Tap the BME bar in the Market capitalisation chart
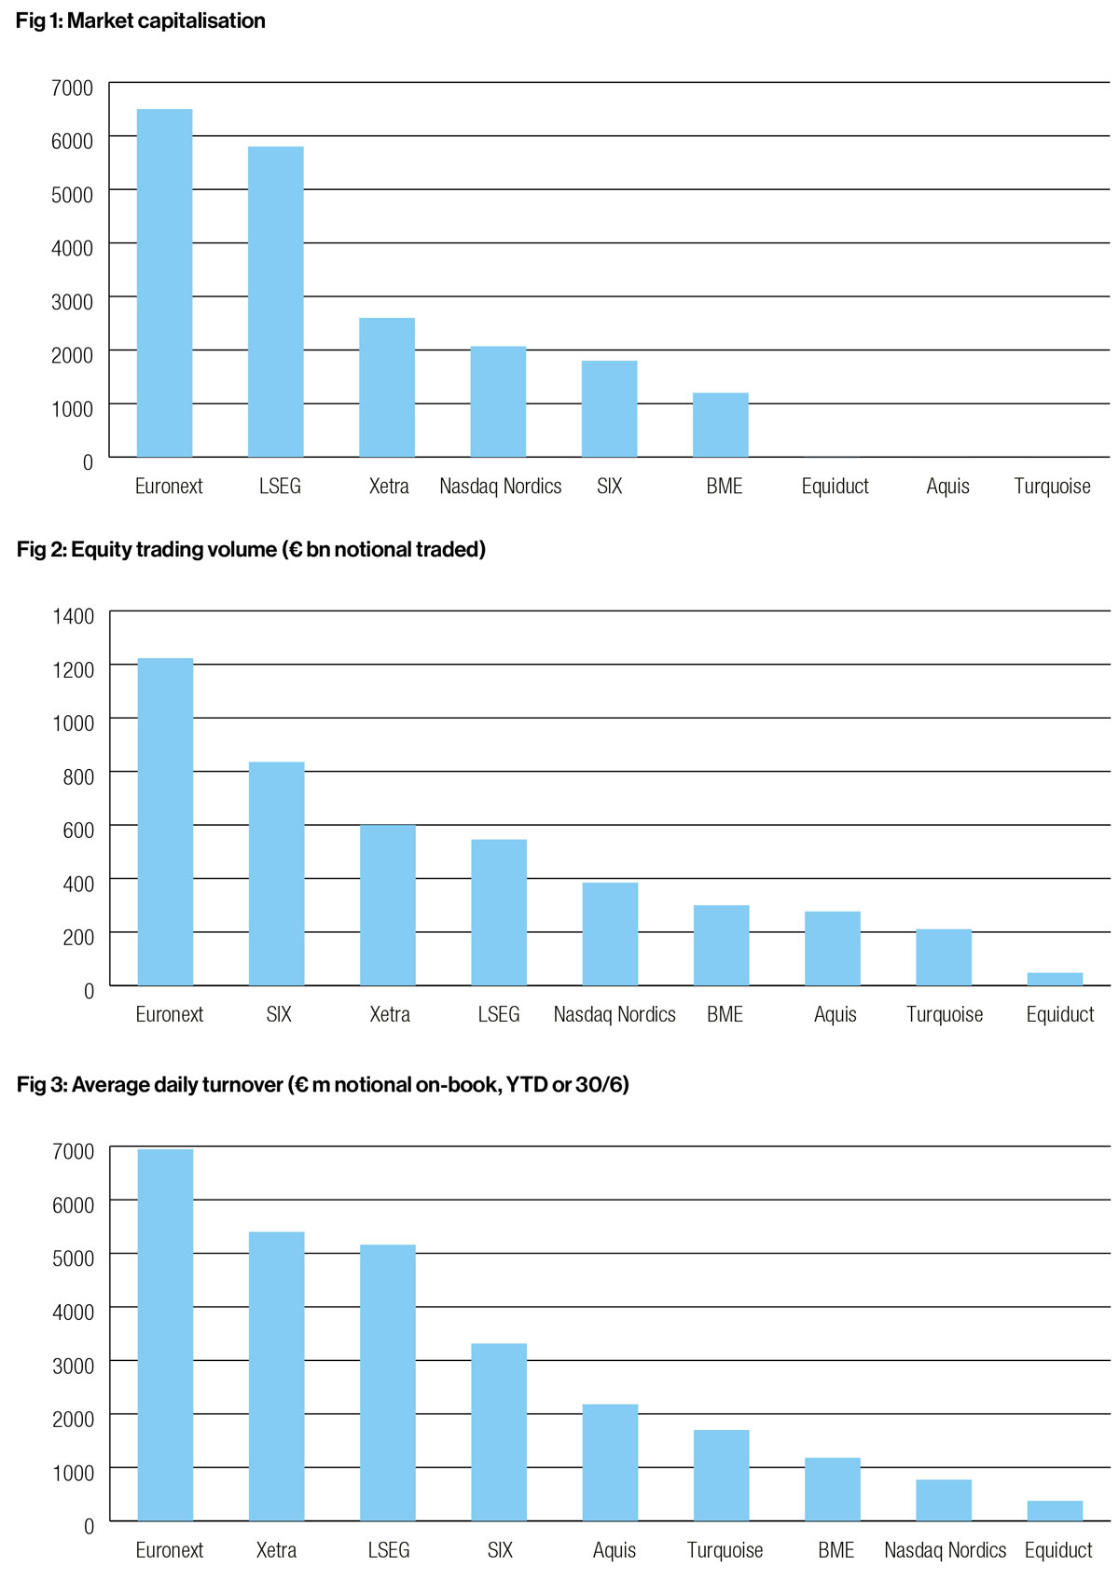tap(721, 425)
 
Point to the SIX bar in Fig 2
tap(277, 873)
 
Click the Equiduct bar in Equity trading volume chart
tap(1055, 979)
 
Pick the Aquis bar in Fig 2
tap(833, 948)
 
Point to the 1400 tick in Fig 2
tap(74, 616)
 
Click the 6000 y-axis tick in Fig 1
tap(73, 141)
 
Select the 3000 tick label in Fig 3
tap(73, 1366)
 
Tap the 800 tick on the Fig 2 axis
tap(78, 776)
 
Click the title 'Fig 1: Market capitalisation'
tap(141, 21)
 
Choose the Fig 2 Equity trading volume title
tap(251, 549)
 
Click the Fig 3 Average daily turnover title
tap(323, 1084)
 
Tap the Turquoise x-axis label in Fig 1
tap(1052, 486)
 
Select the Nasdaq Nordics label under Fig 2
tap(615, 1014)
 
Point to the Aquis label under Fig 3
tap(615, 1550)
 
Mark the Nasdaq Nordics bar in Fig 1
tap(498, 402)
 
